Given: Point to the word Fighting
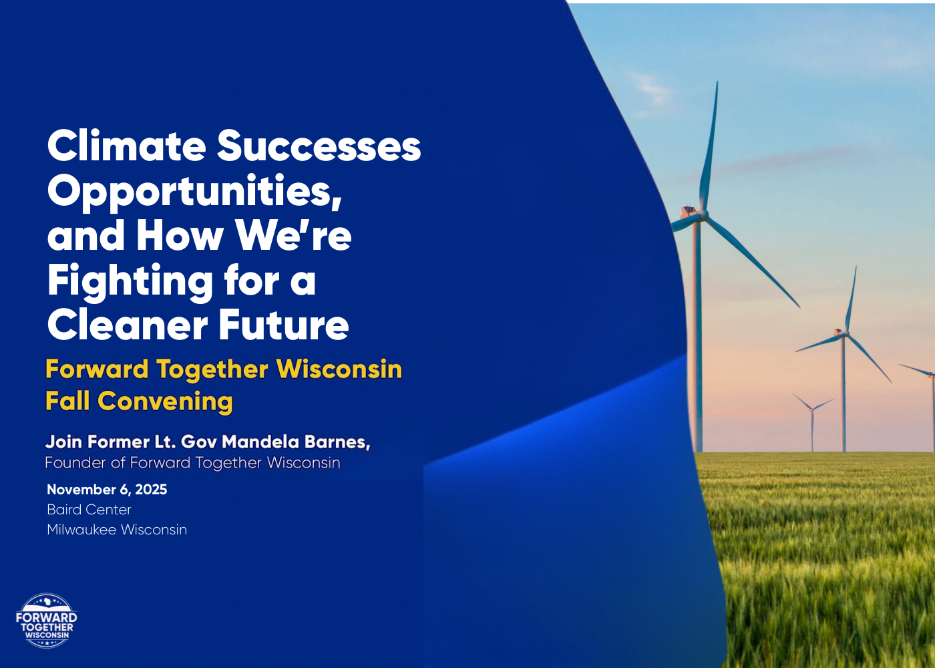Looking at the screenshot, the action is pos(130,282).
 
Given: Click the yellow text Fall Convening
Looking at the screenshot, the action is pos(139,401).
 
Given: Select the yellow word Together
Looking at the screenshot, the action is pos(212,370).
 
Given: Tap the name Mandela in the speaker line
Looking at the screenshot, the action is pos(260,442).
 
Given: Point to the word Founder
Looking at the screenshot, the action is pos(75,462).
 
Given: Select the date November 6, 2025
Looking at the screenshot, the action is pos(107,489).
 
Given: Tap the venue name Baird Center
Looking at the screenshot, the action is pos(89,509).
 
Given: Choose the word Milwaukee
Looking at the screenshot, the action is pos(81,529).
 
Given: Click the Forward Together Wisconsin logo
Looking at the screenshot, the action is pos(46,621).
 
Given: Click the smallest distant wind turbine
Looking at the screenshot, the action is pos(812,422).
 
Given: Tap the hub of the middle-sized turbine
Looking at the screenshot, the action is pos(846,334).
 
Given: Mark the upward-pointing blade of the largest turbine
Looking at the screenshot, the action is pos(710,146).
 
